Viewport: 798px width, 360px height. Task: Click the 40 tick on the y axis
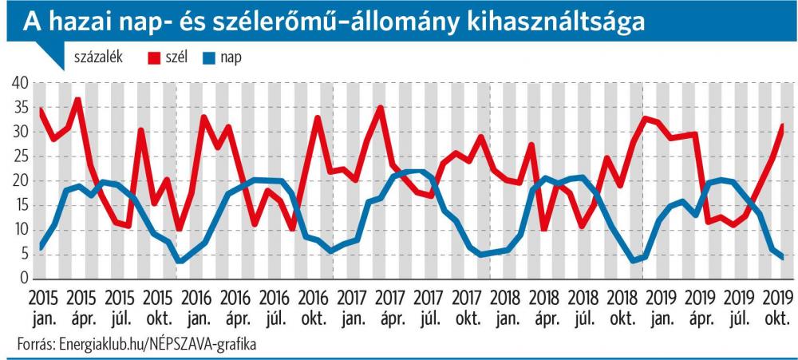coord(18,84)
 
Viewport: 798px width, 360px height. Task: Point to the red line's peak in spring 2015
coord(77,99)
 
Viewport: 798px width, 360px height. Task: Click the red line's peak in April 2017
coord(381,108)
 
